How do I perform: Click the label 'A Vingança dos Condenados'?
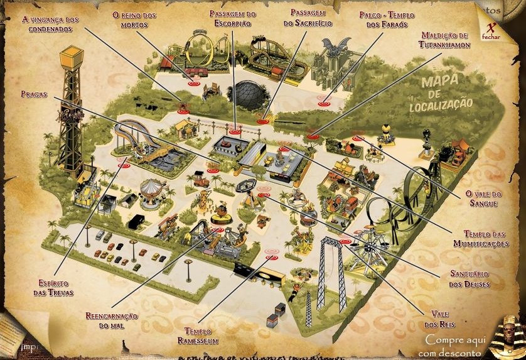click(x=50, y=25)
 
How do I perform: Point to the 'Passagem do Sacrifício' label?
click(x=308, y=18)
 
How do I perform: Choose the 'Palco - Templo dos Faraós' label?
click(x=384, y=19)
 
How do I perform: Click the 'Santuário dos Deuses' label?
click(x=470, y=280)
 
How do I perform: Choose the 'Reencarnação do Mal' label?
click(x=111, y=320)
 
